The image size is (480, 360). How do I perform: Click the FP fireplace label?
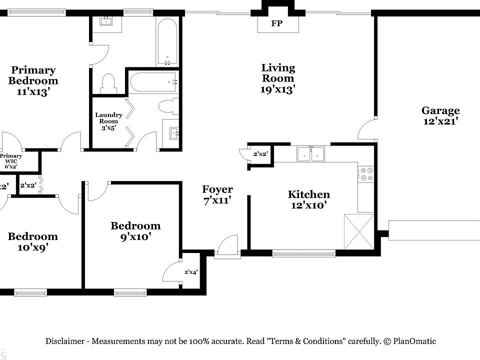click(x=276, y=23)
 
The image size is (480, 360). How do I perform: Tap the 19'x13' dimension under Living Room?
click(x=277, y=89)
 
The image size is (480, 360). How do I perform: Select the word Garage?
click(x=440, y=110)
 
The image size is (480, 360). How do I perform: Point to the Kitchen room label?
click(x=308, y=194)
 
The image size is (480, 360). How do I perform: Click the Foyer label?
click(x=217, y=189)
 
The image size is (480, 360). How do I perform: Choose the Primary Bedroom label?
click(x=33, y=75)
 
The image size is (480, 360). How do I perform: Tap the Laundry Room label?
click(x=108, y=118)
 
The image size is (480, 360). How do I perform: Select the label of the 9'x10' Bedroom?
click(x=135, y=226)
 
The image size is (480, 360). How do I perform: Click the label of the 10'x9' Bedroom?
click(x=32, y=236)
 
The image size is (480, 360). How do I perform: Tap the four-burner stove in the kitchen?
click(x=366, y=173)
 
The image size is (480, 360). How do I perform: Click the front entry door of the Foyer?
click(x=227, y=247)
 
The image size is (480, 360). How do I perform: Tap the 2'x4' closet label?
click(x=191, y=272)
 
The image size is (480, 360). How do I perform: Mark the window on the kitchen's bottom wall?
click(x=303, y=253)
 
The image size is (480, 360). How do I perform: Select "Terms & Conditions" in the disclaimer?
click(x=306, y=341)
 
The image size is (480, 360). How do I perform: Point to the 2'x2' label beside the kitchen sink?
click(x=260, y=154)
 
